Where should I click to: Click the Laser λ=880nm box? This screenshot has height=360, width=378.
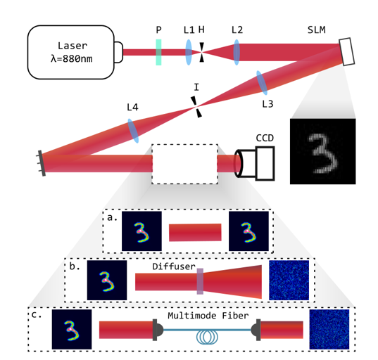tap(70, 52)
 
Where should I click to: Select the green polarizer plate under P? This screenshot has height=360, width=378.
tap(158, 52)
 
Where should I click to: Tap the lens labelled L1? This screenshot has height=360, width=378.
tap(189, 52)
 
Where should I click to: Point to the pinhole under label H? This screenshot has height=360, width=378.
tap(201, 52)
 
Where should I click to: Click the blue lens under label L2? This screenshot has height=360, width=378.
tap(237, 52)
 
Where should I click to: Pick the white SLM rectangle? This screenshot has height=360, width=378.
tap(346, 51)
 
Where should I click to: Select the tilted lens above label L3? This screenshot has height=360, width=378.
tap(262, 83)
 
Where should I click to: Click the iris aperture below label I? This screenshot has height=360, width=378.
tap(196, 107)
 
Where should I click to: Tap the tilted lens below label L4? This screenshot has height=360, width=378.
tap(133, 131)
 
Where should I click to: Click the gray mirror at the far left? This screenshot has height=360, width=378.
tap(42, 163)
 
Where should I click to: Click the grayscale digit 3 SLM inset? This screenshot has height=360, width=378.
tap(322, 151)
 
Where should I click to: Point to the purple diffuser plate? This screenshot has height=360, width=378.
tap(200, 281)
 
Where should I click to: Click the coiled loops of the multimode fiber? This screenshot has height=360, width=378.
tap(207, 337)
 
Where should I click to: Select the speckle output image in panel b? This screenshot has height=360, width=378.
tap(289, 281)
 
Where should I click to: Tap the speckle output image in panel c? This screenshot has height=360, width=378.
tap(329, 330)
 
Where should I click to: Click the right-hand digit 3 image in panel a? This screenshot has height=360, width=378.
tap(248, 231)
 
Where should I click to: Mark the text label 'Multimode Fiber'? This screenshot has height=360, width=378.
tap(208, 316)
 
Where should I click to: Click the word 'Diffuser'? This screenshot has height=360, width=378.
tap(174, 266)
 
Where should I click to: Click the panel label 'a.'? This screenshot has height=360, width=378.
tap(112, 217)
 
